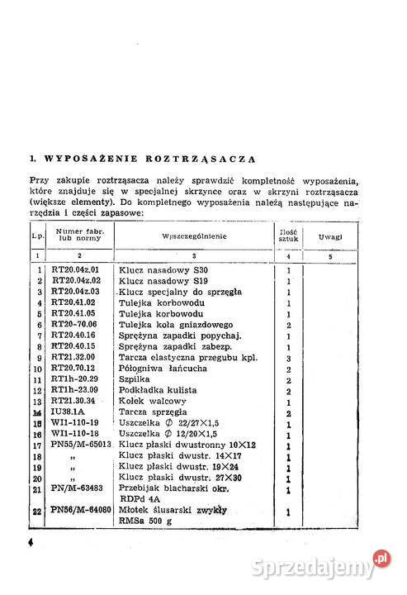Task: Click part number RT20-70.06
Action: (x=75, y=325)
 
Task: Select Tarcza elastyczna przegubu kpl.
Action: (x=177, y=358)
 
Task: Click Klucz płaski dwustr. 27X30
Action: (x=172, y=478)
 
